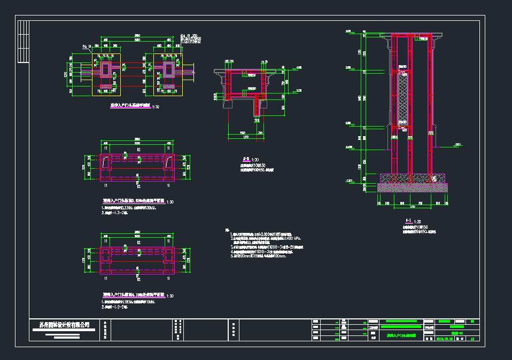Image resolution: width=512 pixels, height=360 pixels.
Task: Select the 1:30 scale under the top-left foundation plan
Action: click(x=156, y=107)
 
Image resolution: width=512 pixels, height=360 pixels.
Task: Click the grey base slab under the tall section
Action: click(x=412, y=187)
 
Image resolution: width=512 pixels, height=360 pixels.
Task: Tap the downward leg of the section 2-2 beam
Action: click(x=258, y=106)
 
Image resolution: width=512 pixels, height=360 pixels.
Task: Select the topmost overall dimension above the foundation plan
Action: click(x=137, y=36)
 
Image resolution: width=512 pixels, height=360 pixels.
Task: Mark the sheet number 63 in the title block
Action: click(x=472, y=338)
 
